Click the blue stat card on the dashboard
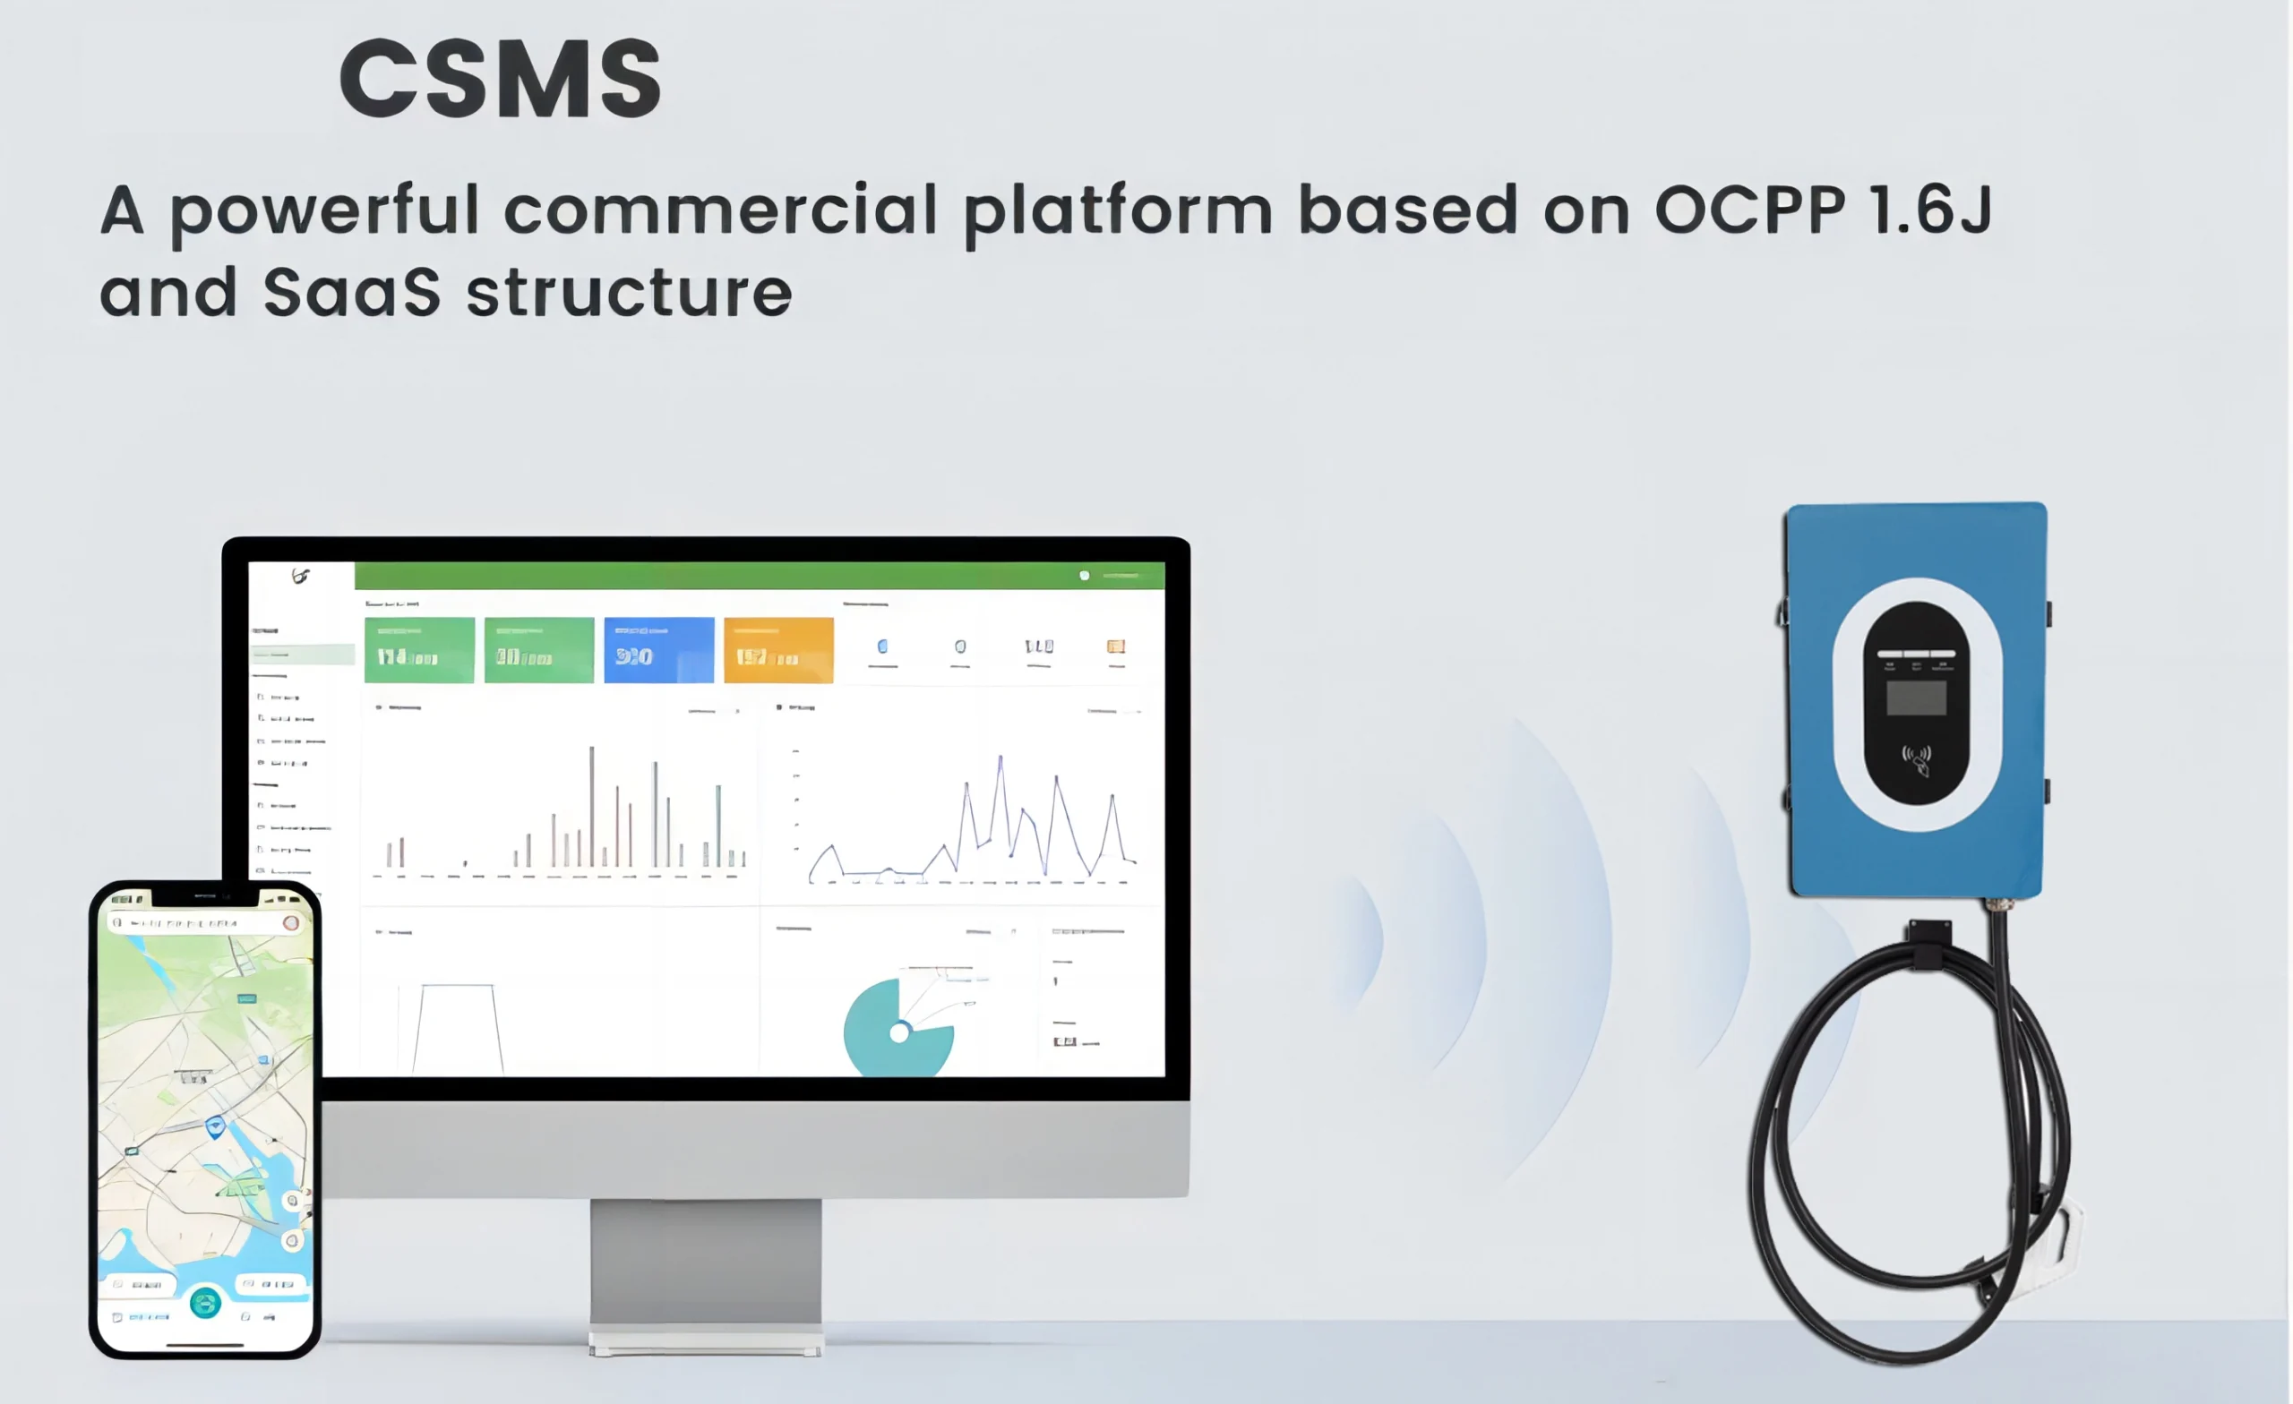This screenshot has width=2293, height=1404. coord(659,649)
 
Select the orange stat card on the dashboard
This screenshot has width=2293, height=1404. coord(778,649)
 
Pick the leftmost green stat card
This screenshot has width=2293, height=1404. coord(419,649)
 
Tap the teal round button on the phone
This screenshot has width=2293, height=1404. coord(205,1303)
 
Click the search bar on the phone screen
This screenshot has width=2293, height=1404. coord(200,923)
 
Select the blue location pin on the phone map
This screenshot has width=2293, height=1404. coord(215,1126)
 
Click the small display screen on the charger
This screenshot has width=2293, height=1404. coord(1916,698)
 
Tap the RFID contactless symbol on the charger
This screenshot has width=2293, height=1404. coord(1916,758)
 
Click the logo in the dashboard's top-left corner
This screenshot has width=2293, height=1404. coord(300,576)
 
